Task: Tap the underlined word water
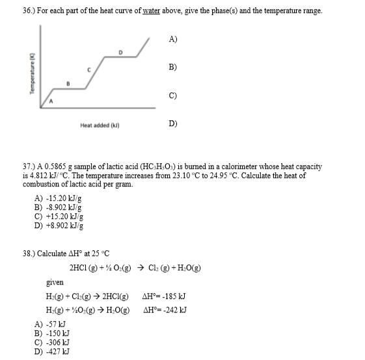point(154,10)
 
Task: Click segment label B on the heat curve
point(69,83)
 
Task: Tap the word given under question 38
point(55,282)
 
